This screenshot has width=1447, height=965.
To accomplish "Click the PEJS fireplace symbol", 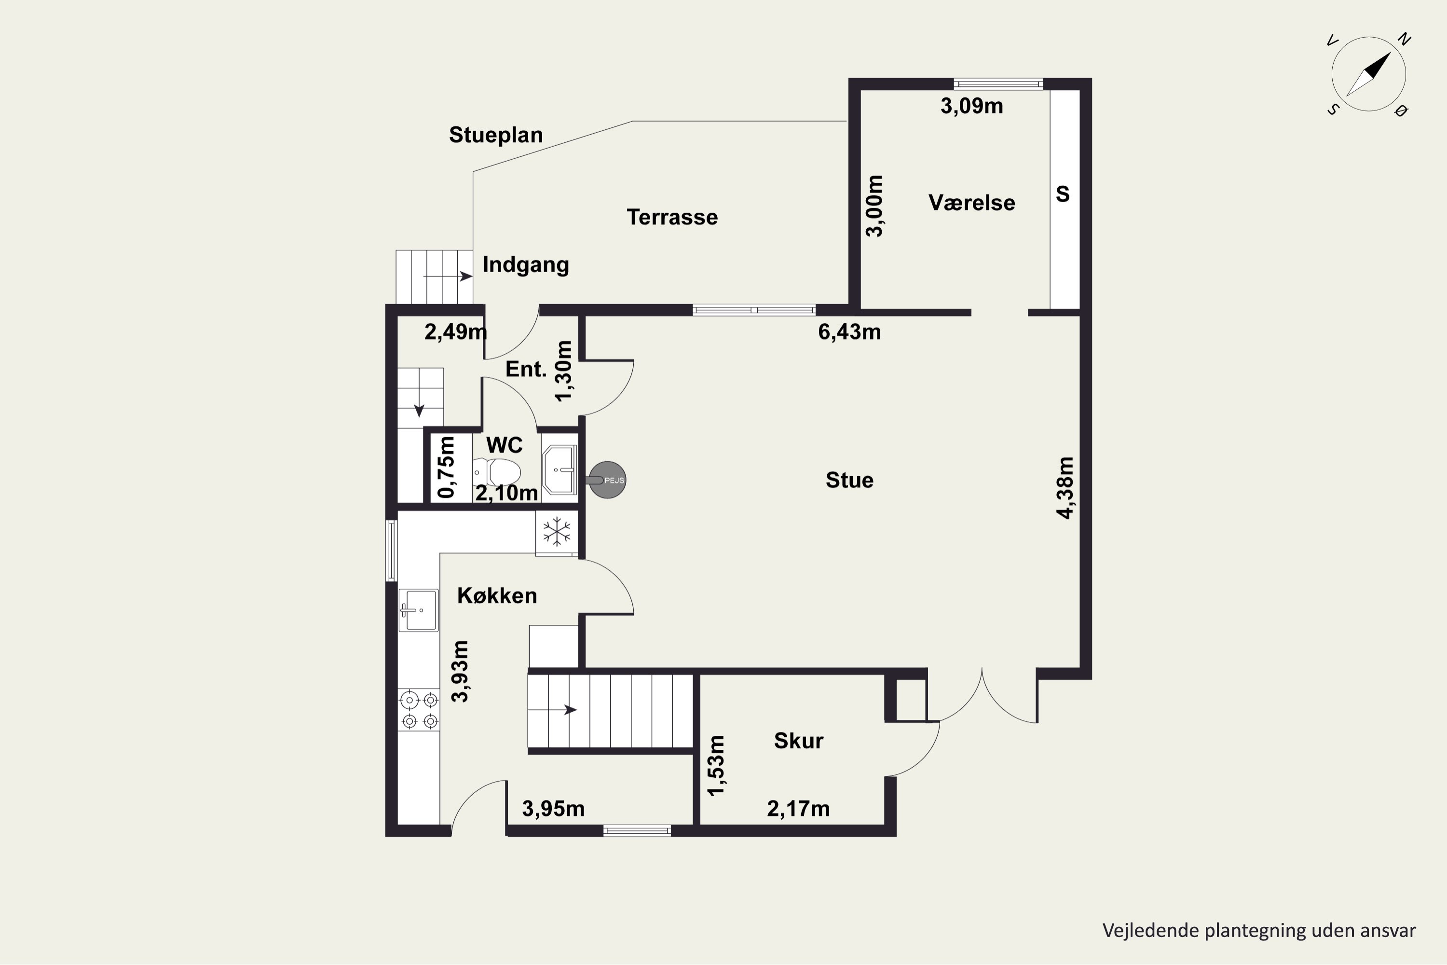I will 608,480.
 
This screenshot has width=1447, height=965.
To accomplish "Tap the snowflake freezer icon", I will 556,532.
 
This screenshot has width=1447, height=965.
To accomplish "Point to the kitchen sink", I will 418,610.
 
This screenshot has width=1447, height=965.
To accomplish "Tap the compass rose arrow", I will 1369,74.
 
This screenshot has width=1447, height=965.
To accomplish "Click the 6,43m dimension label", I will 849,332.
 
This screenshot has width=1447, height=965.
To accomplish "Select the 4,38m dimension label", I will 1065,488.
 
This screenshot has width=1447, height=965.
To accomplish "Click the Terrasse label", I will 672,217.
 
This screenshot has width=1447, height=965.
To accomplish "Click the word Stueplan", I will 496,135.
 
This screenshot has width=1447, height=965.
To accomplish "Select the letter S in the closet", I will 1063,194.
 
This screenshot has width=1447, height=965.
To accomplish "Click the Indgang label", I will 525,264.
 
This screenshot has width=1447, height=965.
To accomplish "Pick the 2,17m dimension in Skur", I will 798,809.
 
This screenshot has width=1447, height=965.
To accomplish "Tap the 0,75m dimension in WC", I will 446,468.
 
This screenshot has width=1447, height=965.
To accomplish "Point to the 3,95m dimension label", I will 553,809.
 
